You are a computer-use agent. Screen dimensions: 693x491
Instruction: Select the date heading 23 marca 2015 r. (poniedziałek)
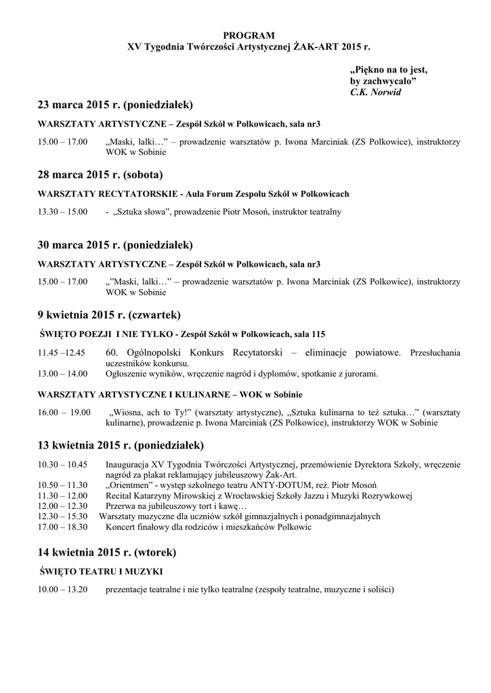(115, 105)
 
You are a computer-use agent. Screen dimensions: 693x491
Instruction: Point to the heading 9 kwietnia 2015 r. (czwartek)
(110, 315)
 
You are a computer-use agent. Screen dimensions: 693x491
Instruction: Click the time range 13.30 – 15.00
(62, 212)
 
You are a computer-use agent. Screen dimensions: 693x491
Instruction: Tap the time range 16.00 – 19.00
(64, 412)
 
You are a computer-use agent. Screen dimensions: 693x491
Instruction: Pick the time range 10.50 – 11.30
(63, 485)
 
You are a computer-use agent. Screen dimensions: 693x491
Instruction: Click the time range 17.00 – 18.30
(63, 527)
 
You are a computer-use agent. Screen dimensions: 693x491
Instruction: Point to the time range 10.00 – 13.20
(63, 589)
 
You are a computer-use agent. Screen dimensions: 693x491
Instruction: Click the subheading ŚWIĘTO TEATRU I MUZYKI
(101, 572)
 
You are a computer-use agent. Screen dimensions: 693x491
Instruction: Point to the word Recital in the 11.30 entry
(120, 495)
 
